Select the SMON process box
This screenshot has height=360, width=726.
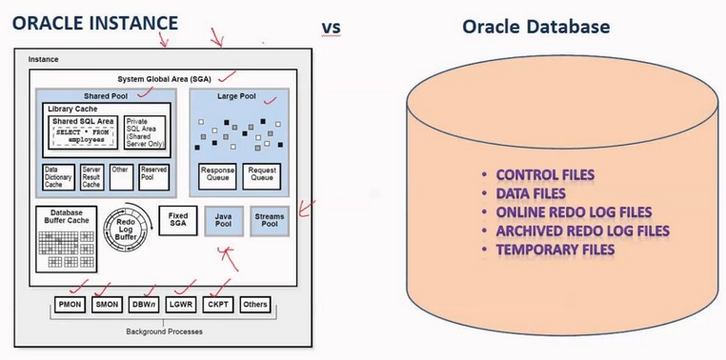pyautogui.click(x=106, y=306)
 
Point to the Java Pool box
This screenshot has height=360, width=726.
pyautogui.click(x=224, y=222)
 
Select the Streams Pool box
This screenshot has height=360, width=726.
pyautogui.click(x=269, y=222)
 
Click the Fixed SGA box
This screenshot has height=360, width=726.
pyautogui.click(x=178, y=222)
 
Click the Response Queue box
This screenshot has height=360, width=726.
pyautogui.click(x=218, y=175)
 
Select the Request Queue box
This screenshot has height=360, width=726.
pyautogui.click(x=263, y=175)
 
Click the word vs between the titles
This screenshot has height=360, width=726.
pyautogui.click(x=331, y=27)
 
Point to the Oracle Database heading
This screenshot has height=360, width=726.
pyautogui.click(x=536, y=27)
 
